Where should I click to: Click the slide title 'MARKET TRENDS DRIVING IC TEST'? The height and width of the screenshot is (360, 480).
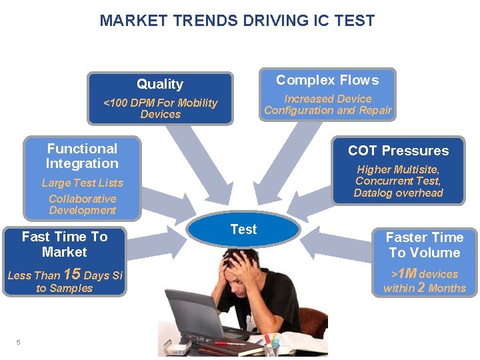click(x=237, y=21)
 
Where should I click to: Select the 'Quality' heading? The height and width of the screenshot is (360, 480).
click(x=160, y=84)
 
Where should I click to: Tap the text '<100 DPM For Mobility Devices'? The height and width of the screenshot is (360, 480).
click(x=160, y=108)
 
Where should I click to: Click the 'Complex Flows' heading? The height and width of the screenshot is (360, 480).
click(x=327, y=80)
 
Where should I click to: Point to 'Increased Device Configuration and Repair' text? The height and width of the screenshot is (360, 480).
click(x=327, y=105)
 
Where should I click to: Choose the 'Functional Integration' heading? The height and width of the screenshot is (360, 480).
click(x=82, y=156)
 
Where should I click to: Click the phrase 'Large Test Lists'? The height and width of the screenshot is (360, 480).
click(x=82, y=183)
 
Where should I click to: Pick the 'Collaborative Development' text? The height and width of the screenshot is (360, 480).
click(x=82, y=205)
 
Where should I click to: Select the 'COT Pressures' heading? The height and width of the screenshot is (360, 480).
click(x=398, y=151)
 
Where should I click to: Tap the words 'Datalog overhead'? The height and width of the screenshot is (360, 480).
click(x=398, y=193)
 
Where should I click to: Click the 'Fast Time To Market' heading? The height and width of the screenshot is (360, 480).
click(x=64, y=244)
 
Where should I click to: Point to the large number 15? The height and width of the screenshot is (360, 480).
click(x=71, y=274)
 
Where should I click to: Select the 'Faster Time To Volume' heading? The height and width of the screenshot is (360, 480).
click(x=424, y=245)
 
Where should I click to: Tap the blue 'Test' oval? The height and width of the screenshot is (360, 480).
click(x=243, y=229)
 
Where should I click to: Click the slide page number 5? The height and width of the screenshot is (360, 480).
click(x=18, y=343)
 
